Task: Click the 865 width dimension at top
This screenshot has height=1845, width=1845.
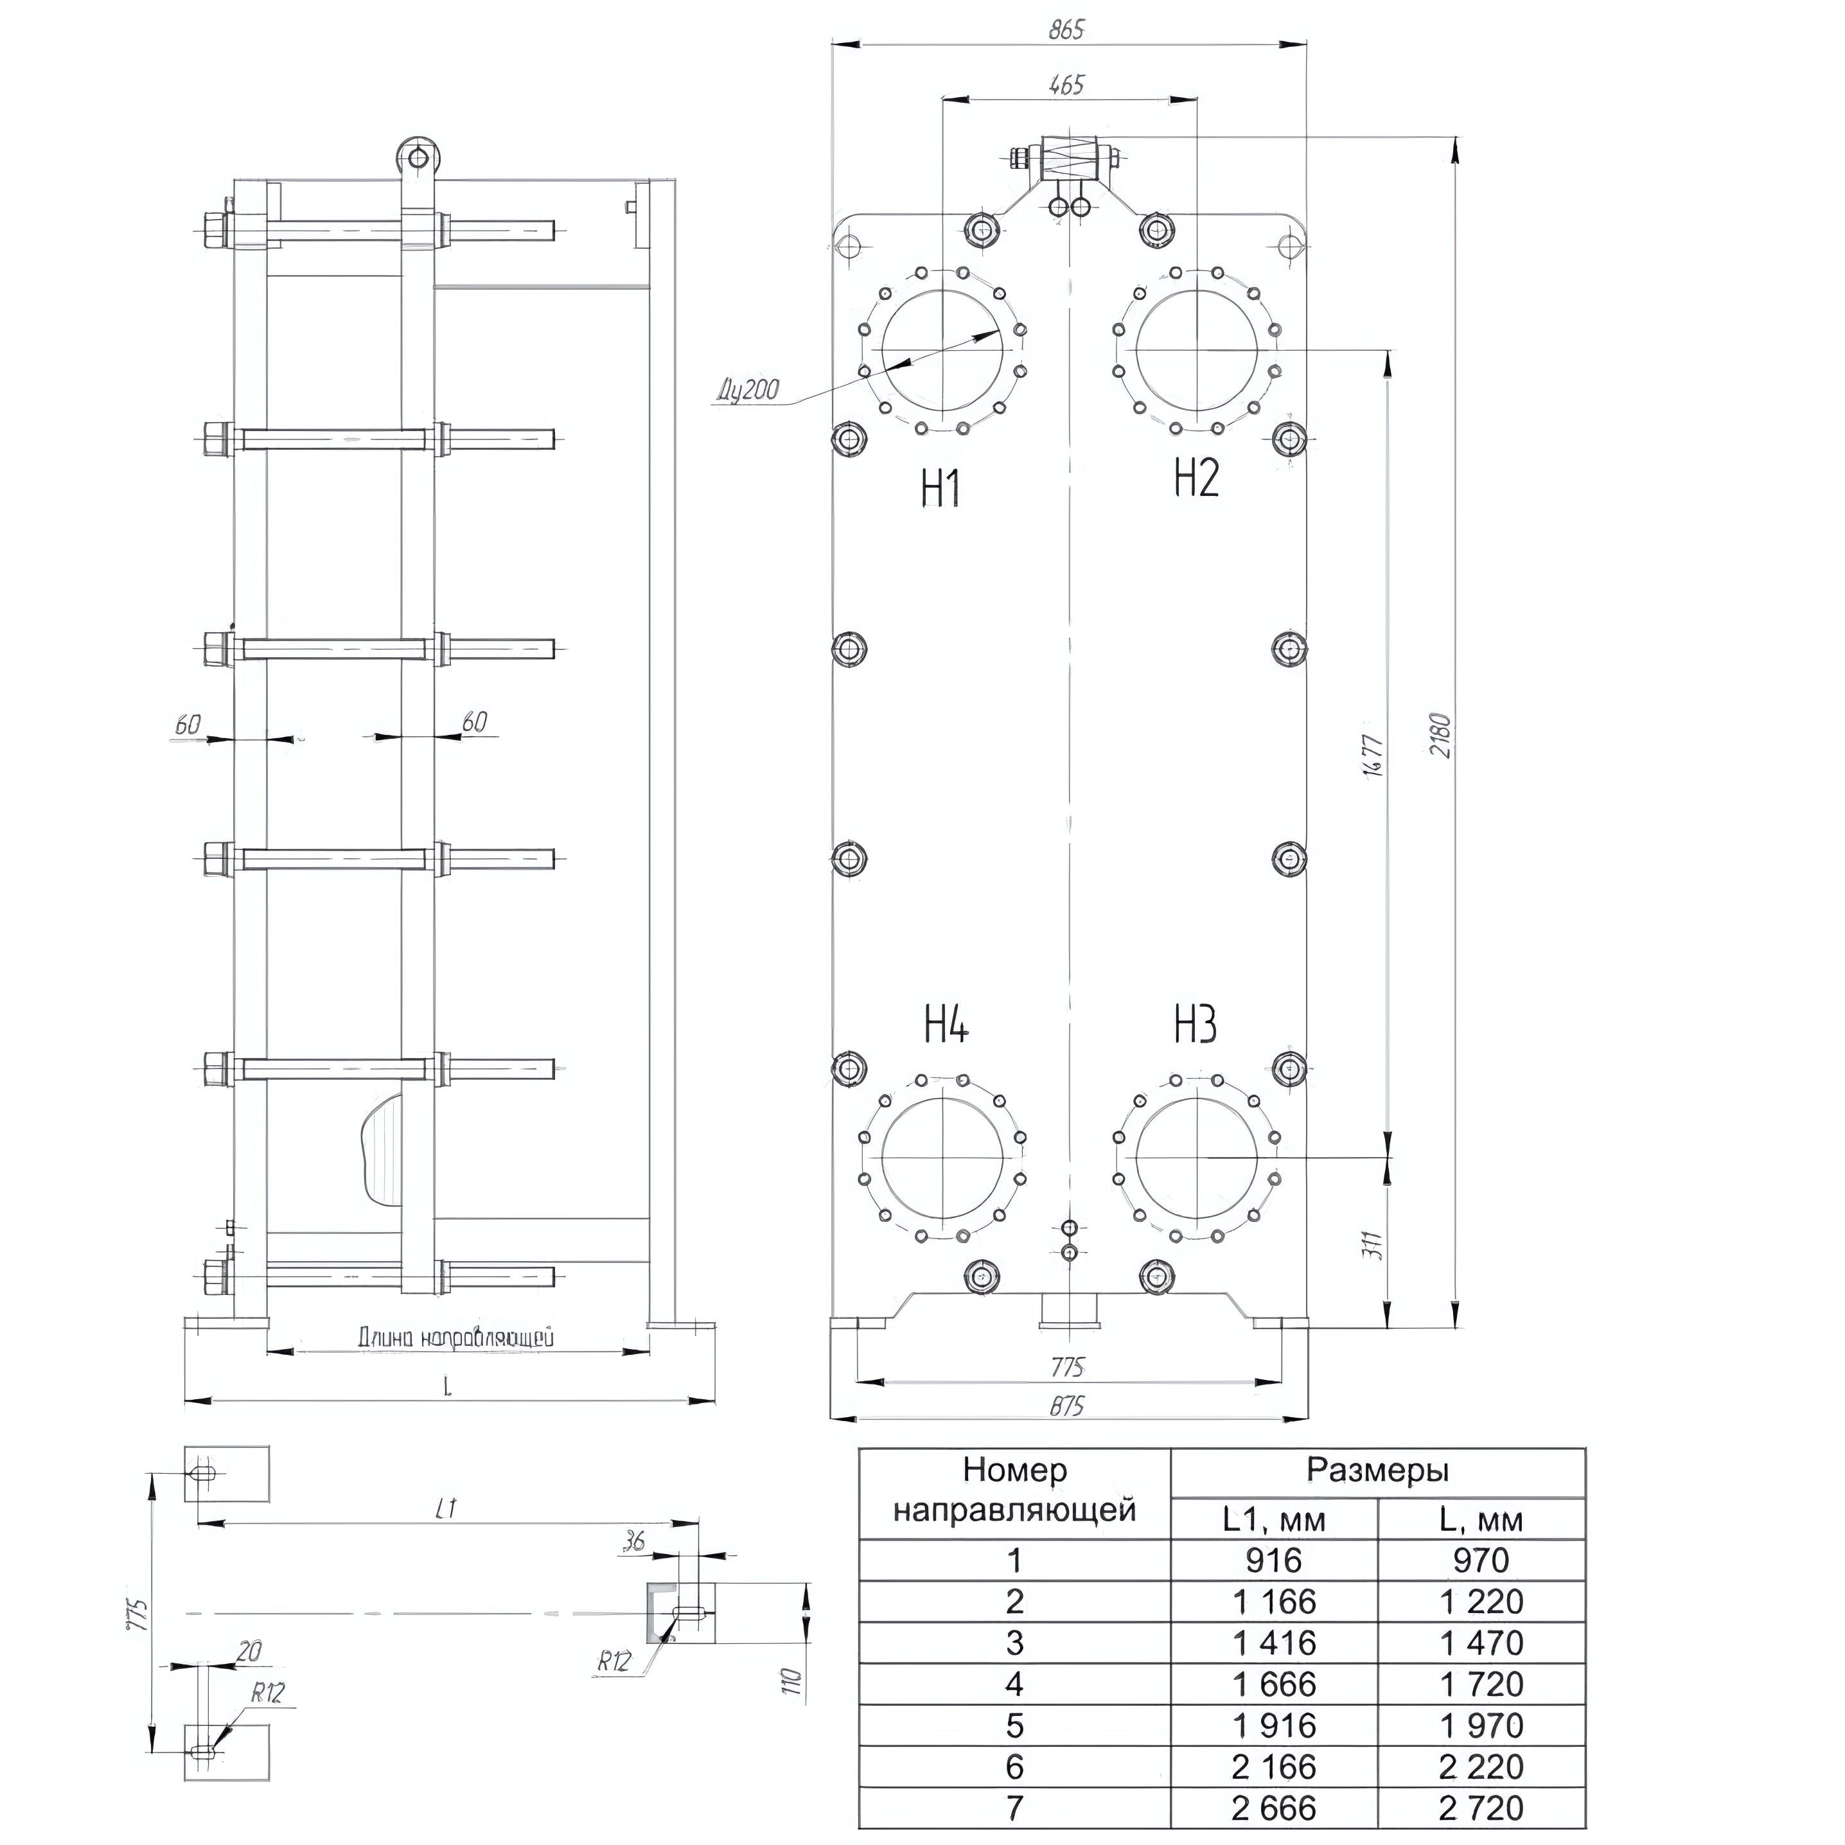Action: pos(1066,31)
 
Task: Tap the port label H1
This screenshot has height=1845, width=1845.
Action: pos(940,488)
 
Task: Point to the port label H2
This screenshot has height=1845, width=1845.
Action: pos(1196,477)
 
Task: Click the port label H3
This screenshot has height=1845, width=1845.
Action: pos(1195,1025)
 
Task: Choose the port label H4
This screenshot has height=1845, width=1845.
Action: pos(946,1025)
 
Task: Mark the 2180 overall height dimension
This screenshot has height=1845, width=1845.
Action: pos(1440,736)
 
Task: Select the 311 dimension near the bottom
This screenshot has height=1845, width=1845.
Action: pos(1372,1245)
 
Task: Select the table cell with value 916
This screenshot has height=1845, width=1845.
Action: pos(1273,1560)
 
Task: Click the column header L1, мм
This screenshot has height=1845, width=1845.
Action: pos(1273,1519)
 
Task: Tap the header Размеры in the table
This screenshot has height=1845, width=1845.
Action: pos(1377,1470)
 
